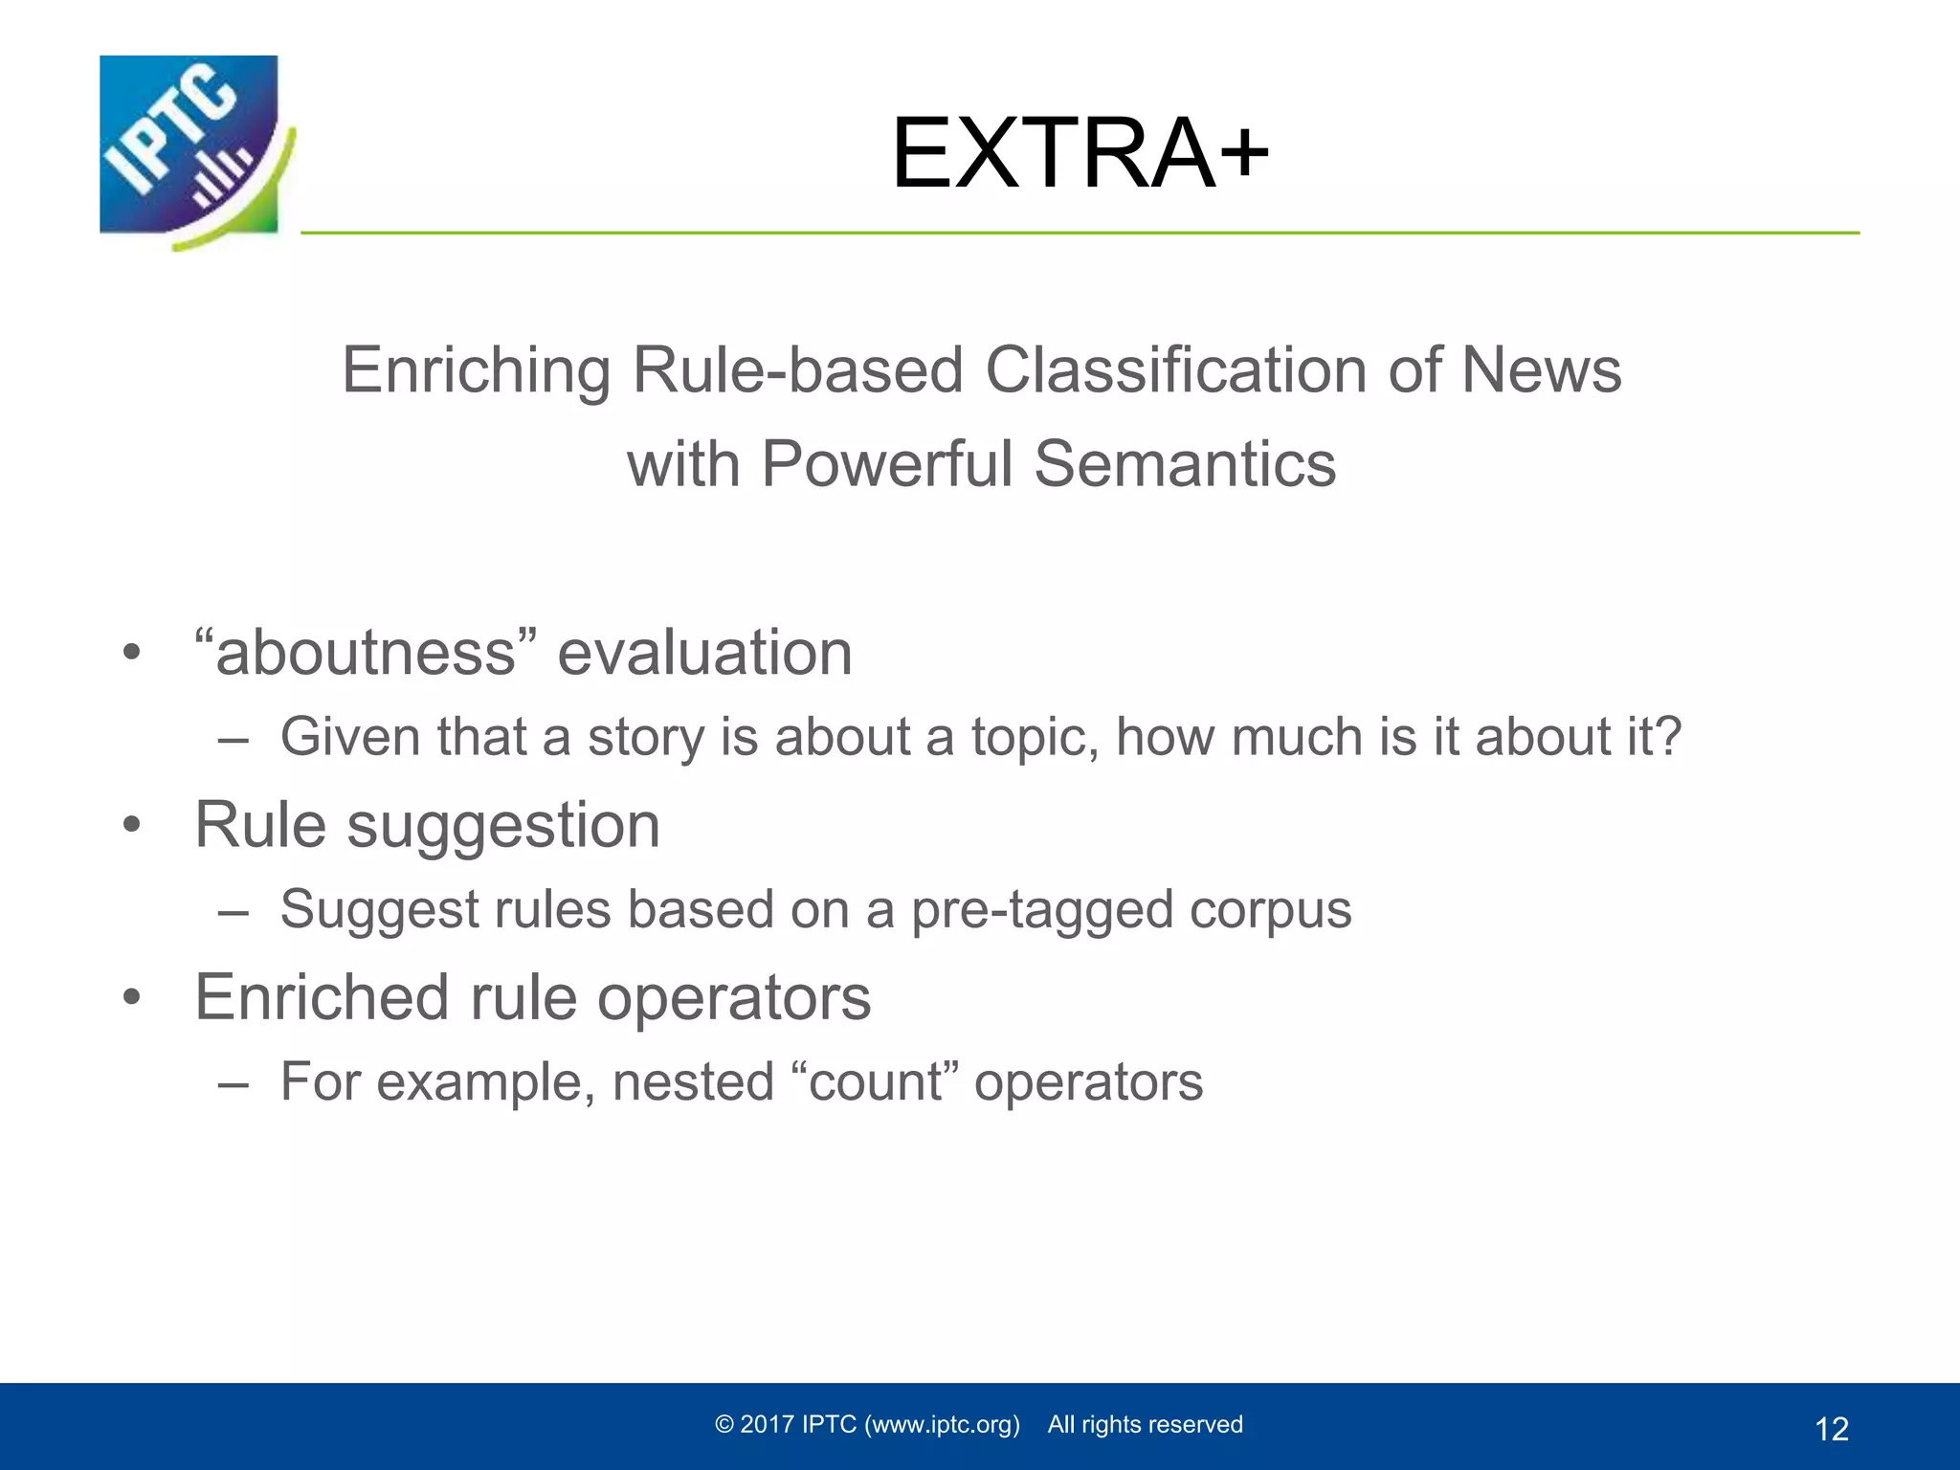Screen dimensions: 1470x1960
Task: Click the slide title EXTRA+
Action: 1080,153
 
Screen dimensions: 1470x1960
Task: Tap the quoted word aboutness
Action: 366,654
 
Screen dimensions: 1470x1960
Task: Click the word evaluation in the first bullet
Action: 704,654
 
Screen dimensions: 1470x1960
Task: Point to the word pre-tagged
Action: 1042,910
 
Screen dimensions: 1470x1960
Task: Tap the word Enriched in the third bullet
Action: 322,998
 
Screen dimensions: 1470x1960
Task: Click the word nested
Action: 693,1083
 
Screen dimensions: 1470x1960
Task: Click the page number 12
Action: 1831,1429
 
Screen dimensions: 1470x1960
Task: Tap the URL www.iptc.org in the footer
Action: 942,1425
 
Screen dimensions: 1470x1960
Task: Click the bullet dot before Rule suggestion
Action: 131,825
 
